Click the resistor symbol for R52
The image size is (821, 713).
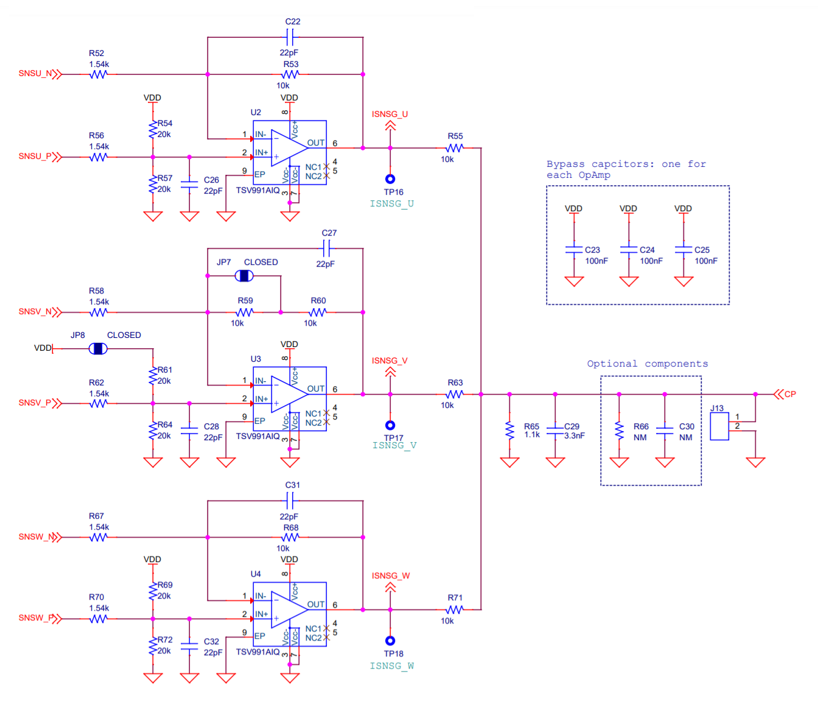click(99, 74)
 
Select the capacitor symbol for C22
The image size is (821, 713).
click(290, 37)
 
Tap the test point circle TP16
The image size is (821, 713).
click(390, 179)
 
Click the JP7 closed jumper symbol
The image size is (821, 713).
click(244, 276)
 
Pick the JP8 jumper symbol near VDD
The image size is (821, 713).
click(98, 348)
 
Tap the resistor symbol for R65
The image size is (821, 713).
click(509, 431)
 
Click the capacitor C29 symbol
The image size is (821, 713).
click(555, 431)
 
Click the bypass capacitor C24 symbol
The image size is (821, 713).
click(629, 250)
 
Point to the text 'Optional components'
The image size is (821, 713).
click(647, 364)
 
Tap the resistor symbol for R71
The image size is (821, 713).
click(455, 609)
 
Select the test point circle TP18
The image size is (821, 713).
click(390, 641)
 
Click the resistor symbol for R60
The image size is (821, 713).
click(317, 312)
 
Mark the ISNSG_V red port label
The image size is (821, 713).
click(390, 361)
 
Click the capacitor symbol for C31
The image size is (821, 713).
click(290, 501)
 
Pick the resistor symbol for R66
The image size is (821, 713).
click(619, 431)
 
